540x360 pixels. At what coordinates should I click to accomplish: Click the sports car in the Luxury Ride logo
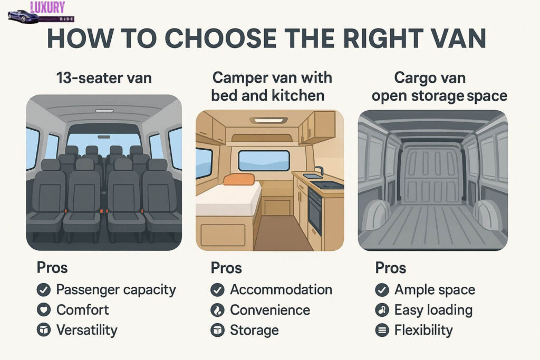(x=23, y=16)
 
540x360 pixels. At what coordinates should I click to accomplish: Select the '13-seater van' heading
(x=104, y=78)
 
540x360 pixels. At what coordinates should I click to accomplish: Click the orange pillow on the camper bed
(x=239, y=179)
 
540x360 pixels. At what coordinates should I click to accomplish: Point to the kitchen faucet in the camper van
(x=320, y=170)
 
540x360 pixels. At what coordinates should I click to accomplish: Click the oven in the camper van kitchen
(x=315, y=212)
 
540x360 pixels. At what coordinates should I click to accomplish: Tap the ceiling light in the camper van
(x=269, y=120)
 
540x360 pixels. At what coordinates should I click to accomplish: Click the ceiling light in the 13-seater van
(x=104, y=111)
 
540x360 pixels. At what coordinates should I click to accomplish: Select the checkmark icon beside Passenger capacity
(x=44, y=290)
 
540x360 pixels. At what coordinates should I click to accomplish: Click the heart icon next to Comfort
(x=44, y=310)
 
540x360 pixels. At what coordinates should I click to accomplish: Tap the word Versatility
(x=87, y=330)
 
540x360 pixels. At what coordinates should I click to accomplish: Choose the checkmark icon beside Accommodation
(x=217, y=290)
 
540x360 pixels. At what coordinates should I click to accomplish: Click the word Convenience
(x=270, y=310)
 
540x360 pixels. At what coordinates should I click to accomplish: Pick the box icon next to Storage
(x=217, y=330)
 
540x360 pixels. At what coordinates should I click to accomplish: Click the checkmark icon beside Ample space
(x=382, y=290)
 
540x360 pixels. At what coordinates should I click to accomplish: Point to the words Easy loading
(x=433, y=310)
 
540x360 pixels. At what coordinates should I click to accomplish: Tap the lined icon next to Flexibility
(x=382, y=330)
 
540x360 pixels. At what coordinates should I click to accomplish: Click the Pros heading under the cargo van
(x=391, y=268)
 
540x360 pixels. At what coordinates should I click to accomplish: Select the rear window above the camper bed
(x=264, y=161)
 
